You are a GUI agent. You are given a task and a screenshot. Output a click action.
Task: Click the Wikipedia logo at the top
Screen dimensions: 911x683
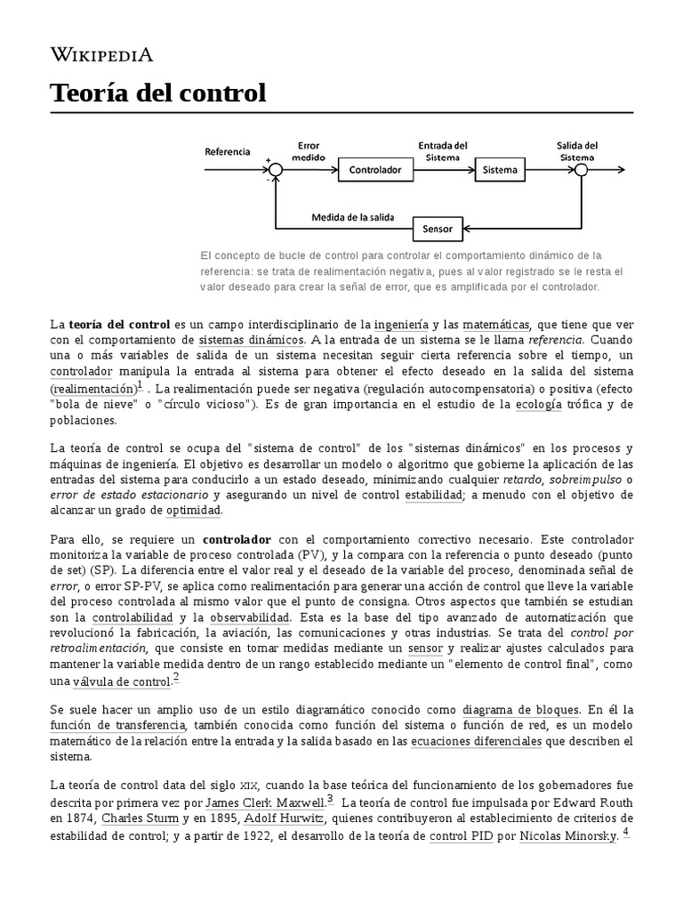point(101,55)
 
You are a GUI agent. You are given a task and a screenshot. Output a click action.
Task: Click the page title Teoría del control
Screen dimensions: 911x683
point(157,93)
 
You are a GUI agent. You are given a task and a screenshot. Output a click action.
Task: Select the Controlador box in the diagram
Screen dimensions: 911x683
point(374,169)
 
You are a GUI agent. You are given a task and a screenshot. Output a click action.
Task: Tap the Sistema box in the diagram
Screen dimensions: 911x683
point(499,169)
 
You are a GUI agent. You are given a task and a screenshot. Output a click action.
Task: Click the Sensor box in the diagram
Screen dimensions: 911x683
point(438,230)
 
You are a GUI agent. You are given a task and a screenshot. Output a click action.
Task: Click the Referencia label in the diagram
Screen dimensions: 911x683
point(228,151)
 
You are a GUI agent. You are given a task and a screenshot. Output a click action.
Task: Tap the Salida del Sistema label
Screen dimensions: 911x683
point(576,151)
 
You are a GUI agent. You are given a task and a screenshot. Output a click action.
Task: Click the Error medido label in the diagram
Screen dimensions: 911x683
point(309,150)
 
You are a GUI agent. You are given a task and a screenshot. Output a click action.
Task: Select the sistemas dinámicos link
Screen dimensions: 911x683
point(251,340)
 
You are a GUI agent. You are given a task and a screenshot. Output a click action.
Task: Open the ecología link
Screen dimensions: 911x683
point(540,404)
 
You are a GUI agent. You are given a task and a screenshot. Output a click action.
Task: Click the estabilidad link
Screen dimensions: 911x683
point(433,495)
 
